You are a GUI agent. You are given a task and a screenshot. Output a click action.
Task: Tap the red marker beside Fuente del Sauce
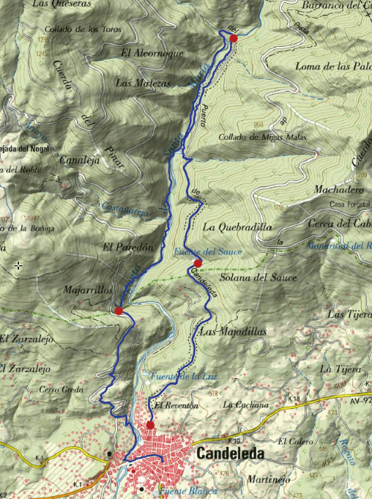coord(197,263)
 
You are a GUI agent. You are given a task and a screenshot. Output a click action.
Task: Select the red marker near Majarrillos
coord(119,311)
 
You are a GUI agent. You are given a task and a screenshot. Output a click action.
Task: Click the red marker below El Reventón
coord(150,425)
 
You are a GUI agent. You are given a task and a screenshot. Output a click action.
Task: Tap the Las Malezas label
coord(143,84)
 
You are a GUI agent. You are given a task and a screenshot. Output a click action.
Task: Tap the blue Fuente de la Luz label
coord(176,377)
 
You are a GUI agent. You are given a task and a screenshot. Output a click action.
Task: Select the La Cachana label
coord(247,404)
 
